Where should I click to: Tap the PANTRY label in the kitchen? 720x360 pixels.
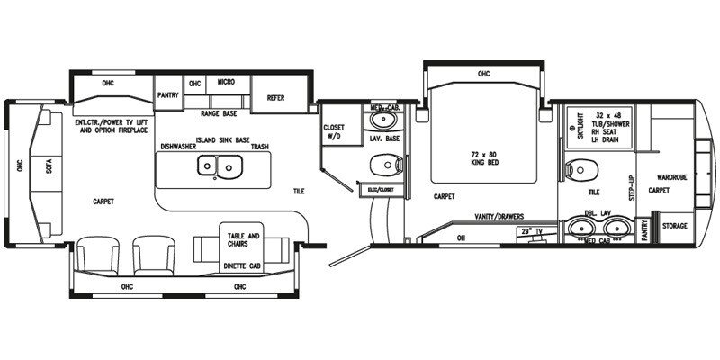(x=167, y=93)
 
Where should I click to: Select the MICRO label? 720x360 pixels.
(x=225, y=83)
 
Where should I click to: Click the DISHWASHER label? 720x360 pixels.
(x=178, y=146)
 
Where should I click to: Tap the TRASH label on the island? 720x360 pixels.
(x=260, y=146)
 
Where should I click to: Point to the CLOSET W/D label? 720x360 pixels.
(x=334, y=132)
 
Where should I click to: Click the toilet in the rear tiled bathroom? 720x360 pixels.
(x=578, y=166)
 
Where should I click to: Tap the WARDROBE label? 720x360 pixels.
(x=671, y=178)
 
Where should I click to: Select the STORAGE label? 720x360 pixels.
(x=675, y=227)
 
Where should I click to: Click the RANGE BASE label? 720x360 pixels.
(x=218, y=113)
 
